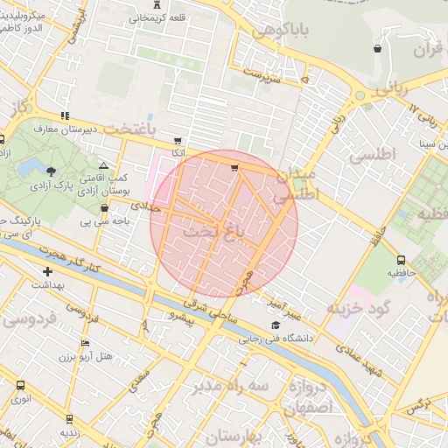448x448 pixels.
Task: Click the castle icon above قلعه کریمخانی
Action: [157, 4]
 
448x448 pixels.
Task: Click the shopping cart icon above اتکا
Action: [178, 140]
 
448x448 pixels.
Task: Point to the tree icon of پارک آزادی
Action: [52, 171]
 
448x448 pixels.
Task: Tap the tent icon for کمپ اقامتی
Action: [104, 165]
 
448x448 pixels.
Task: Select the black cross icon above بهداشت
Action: [47, 272]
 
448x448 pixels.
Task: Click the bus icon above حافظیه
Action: [401, 260]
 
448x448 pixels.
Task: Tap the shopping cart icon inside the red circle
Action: [234, 167]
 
